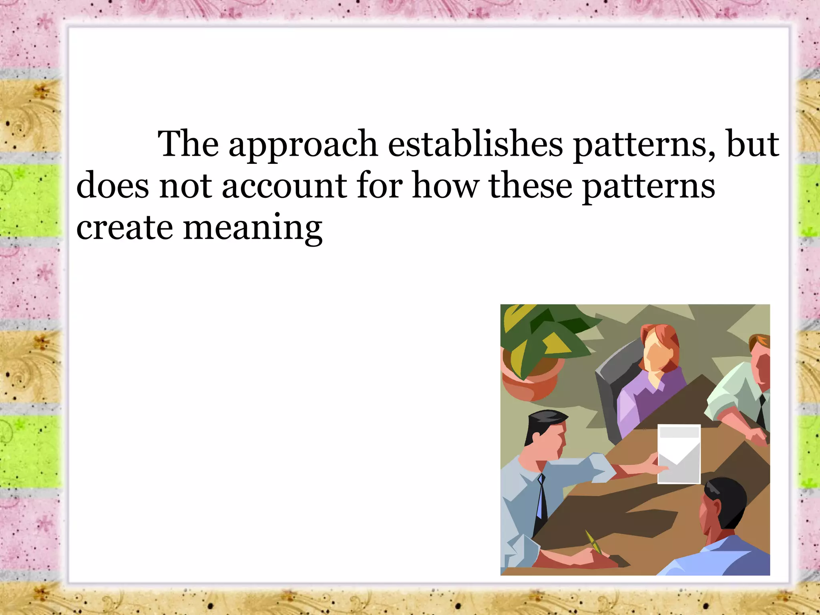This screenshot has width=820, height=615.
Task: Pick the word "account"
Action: pos(284,186)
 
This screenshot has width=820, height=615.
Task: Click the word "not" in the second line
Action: pos(185,186)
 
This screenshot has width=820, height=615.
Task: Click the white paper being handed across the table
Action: pos(679,454)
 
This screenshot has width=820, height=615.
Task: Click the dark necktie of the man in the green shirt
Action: pos(762,412)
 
